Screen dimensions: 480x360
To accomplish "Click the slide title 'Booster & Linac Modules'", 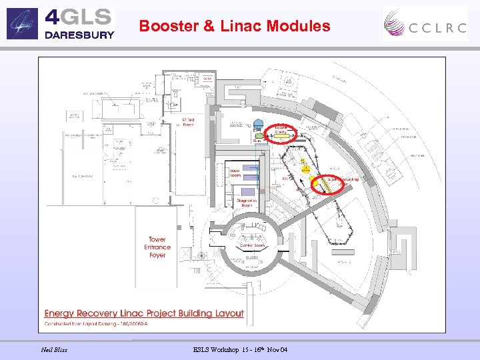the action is pos(235,27).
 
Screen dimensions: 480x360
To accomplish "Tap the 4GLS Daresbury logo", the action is pos(61,23).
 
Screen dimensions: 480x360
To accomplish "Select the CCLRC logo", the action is pos(424,24).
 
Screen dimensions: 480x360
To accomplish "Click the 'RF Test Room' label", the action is pos(188,122).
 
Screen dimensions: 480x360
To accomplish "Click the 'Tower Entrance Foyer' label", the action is pos(157,247).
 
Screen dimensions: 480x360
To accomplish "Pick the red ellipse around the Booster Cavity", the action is pos(281,133).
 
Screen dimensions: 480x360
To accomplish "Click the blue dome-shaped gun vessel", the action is pos(257,125).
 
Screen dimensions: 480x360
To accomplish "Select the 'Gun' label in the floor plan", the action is pos(256,141).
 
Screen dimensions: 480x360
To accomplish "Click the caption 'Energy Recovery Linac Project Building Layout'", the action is pos(144,313).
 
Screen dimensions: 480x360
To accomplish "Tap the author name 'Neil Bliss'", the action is pos(54,349).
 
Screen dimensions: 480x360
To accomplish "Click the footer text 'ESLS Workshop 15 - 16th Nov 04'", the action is pos(240,349).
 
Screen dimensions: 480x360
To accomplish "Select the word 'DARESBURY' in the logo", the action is pos(79,35).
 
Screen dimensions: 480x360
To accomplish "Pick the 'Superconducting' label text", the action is pos(343,179).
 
